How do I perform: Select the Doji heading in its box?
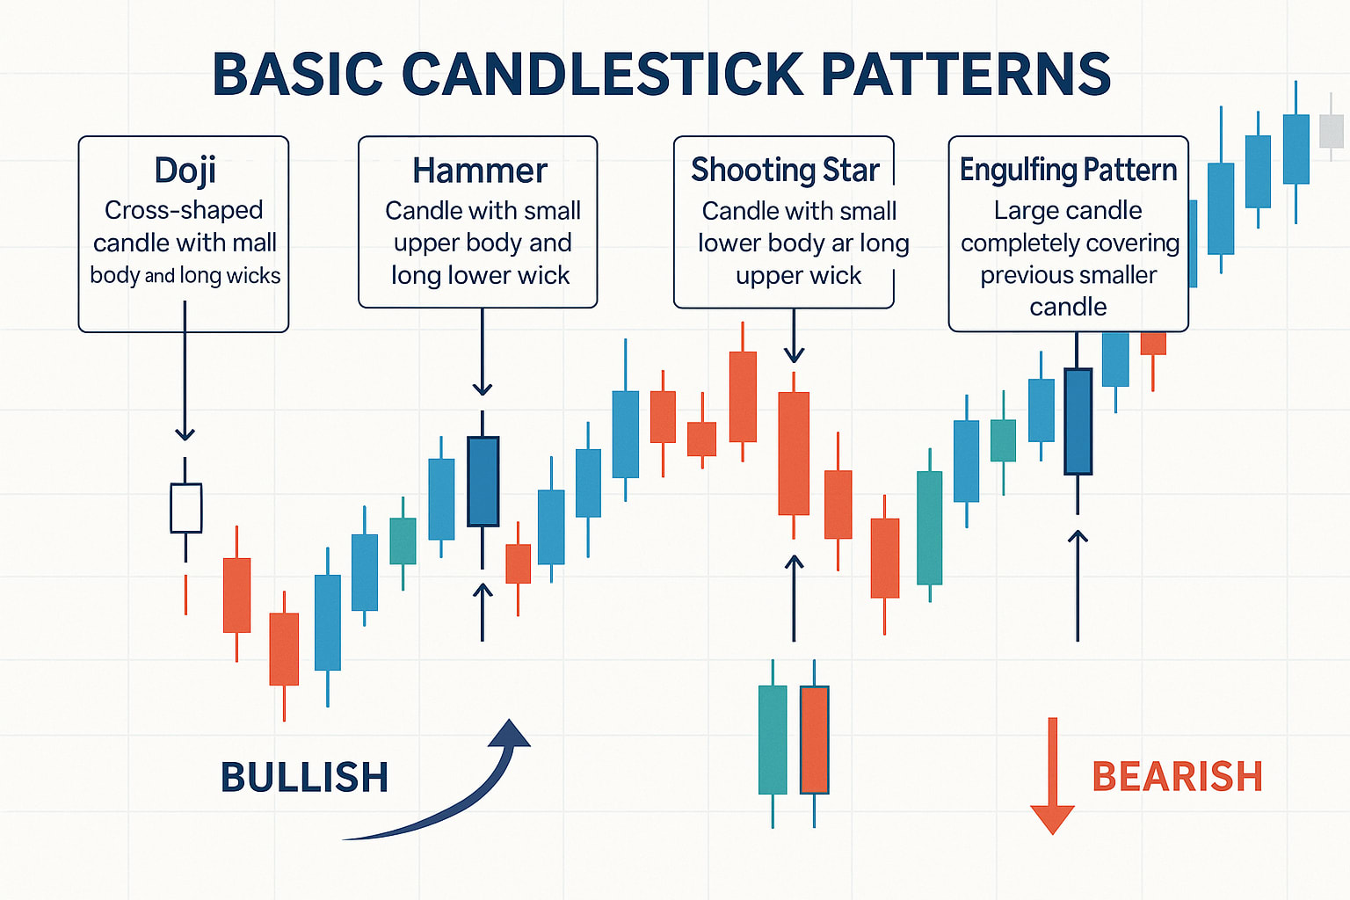185,171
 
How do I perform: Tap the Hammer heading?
480,171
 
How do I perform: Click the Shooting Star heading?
785,170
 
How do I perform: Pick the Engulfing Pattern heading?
1068,170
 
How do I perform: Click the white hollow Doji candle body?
185,507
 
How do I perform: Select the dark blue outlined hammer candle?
483,481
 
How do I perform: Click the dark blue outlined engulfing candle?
1078,421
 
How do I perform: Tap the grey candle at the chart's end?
1332,131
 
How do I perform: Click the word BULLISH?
304,778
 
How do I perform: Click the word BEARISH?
1177,777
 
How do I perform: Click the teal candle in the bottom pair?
773,740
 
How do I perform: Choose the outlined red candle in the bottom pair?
815,740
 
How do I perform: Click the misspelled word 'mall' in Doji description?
254,243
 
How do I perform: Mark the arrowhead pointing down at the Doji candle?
185,433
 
